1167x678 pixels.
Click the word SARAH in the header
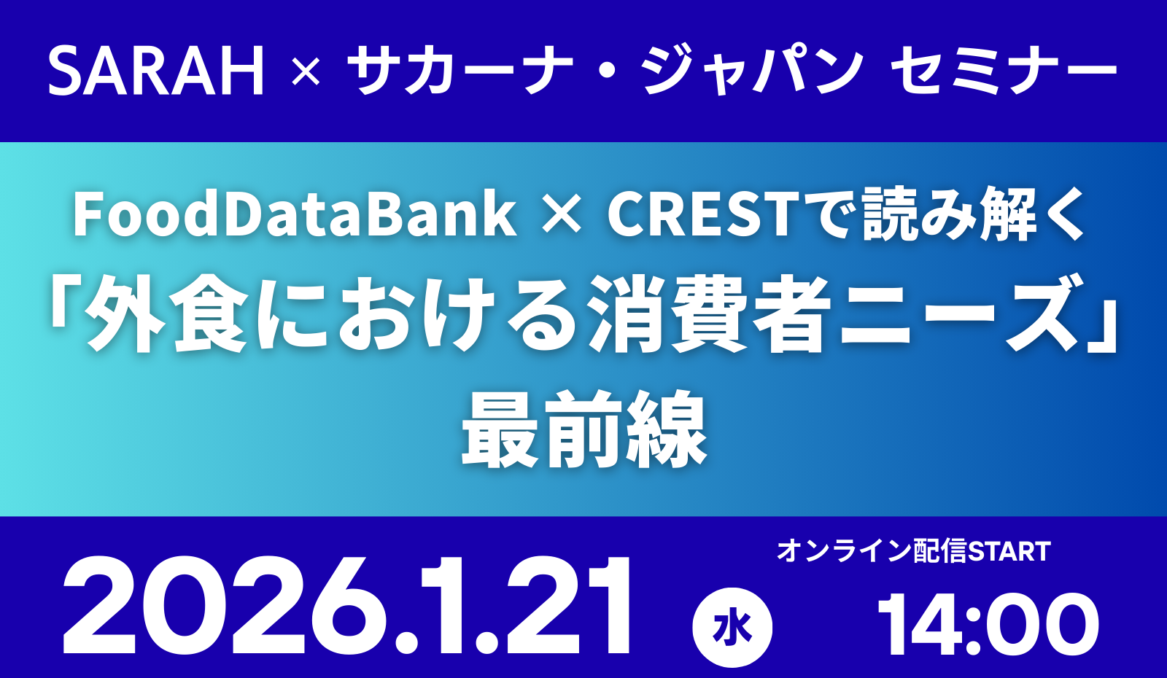click(156, 71)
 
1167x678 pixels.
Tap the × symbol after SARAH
click(306, 73)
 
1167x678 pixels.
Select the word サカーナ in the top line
click(460, 71)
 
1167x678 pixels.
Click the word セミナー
click(1004, 71)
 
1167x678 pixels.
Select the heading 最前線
click(584, 429)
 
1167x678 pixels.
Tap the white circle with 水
click(732, 628)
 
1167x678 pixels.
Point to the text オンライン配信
click(872, 552)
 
